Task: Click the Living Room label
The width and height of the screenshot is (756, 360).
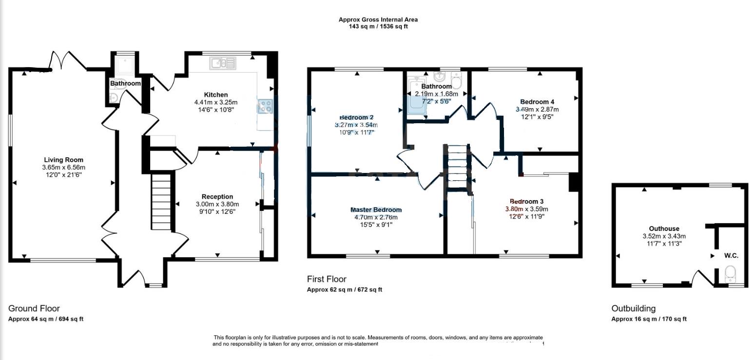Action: [x=63, y=160]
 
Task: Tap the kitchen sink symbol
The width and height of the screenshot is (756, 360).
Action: [x=222, y=63]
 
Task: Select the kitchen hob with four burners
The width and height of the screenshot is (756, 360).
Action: [x=265, y=106]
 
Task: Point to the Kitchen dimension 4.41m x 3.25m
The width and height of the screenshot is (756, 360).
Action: [x=215, y=102]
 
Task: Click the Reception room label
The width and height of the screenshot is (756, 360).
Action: [x=217, y=197]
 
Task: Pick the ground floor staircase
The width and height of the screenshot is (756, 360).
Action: [x=161, y=201]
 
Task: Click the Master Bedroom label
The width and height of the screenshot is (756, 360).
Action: [x=376, y=210]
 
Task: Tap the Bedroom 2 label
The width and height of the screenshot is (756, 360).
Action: [x=356, y=117]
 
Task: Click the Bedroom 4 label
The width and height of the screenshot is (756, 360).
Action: [x=537, y=102]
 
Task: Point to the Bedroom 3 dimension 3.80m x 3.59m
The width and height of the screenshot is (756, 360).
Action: [x=526, y=209]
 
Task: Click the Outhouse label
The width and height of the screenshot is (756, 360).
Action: [x=664, y=229]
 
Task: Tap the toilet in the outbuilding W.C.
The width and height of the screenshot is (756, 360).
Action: [x=731, y=274]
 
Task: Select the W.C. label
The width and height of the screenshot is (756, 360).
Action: [x=731, y=256]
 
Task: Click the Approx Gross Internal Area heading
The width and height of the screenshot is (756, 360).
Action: [x=378, y=19]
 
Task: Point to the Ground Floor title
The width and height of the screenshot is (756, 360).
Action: [x=34, y=308]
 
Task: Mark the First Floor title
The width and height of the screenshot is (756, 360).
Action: [x=327, y=279]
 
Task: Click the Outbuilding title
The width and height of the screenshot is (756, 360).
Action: [x=634, y=308]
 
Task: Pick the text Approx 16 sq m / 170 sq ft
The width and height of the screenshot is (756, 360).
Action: [x=649, y=319]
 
